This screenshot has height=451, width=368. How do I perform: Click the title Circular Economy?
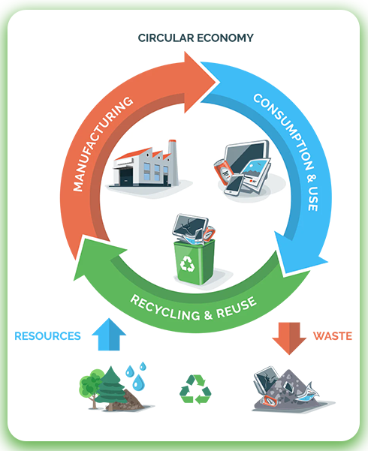(195, 38)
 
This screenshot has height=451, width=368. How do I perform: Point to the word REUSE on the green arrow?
(237, 307)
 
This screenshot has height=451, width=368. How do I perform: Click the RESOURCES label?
(47, 336)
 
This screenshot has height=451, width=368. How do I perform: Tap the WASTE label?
(333, 336)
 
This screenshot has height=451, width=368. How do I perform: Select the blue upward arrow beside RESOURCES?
(109, 335)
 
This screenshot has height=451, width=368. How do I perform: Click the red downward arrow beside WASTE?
(289, 338)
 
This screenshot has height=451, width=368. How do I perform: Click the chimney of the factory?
(173, 162)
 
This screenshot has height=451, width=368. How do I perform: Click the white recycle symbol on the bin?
(187, 263)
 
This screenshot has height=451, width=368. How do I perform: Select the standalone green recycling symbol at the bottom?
(195, 389)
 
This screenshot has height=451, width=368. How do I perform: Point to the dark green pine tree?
(111, 388)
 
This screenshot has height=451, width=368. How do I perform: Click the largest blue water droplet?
(138, 382)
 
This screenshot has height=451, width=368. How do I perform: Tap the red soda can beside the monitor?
(222, 172)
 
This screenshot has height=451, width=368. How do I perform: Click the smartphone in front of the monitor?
(234, 185)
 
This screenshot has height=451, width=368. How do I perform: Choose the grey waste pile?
(291, 391)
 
